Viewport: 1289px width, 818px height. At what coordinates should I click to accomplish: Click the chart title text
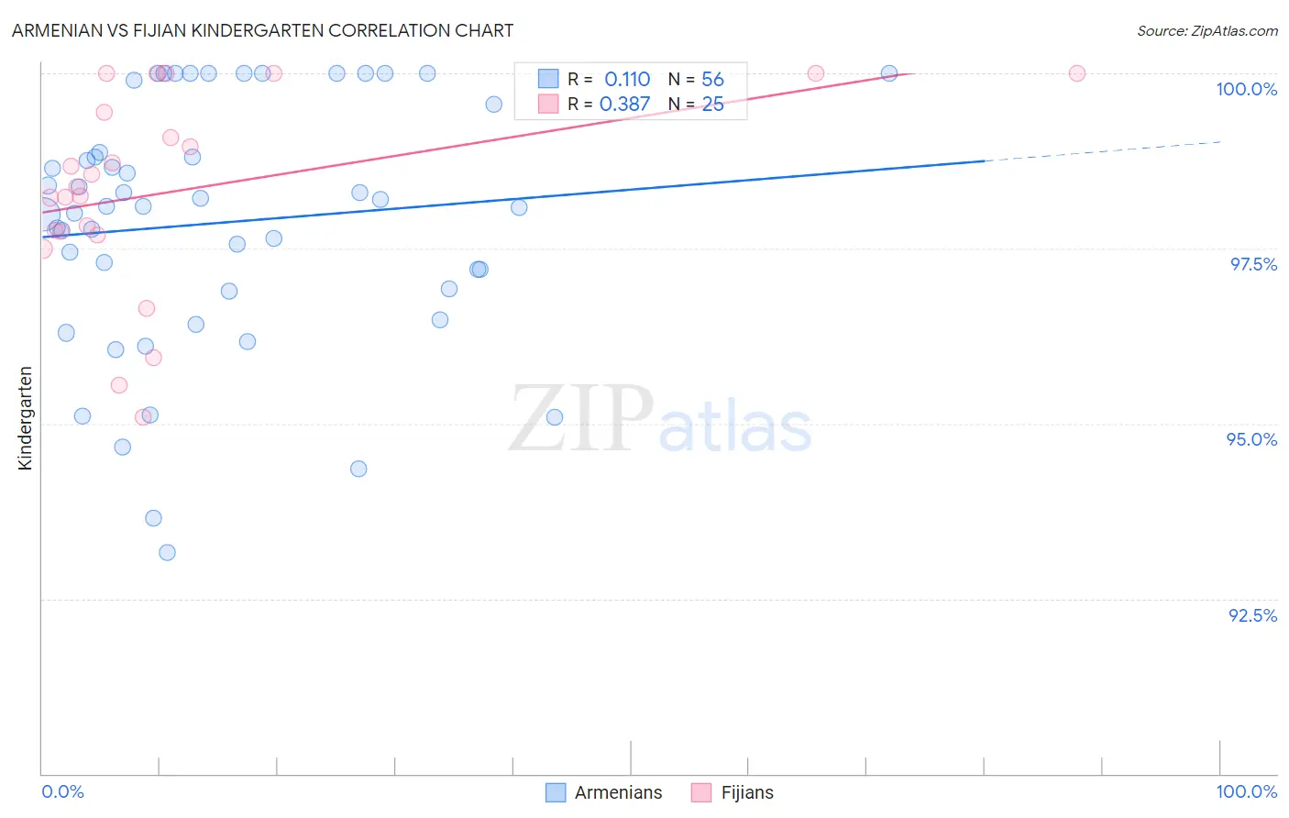pyautogui.click(x=262, y=30)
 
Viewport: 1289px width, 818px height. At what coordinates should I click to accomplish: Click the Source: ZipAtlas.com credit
pyautogui.click(x=1206, y=30)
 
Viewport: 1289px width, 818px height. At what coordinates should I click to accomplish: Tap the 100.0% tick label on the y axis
pyautogui.click(x=1246, y=89)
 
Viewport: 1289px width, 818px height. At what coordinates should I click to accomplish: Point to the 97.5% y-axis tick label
pyautogui.click(x=1252, y=264)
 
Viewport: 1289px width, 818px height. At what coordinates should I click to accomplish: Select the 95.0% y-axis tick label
pyautogui.click(x=1251, y=439)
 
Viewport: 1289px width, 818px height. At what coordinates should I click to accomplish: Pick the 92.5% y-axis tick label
pyautogui.click(x=1252, y=615)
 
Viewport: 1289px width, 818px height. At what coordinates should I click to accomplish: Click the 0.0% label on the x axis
pyautogui.click(x=62, y=791)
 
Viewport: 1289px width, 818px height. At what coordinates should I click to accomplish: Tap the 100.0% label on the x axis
pyautogui.click(x=1246, y=791)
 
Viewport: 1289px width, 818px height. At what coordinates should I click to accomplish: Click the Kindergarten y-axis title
pyautogui.click(x=25, y=418)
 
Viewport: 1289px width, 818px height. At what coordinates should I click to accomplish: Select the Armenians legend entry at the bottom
pyautogui.click(x=617, y=792)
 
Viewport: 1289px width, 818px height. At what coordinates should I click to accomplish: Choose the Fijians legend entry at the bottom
pyautogui.click(x=746, y=792)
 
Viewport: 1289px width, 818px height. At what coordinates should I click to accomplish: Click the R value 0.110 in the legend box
pyautogui.click(x=627, y=80)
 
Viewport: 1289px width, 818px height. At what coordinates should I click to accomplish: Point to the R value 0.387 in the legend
pyautogui.click(x=624, y=105)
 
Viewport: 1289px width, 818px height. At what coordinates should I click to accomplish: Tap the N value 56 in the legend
pyautogui.click(x=712, y=80)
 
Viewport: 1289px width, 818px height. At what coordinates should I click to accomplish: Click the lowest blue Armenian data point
pyautogui.click(x=167, y=552)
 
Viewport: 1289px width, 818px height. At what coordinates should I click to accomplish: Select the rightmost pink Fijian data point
pyautogui.click(x=1077, y=73)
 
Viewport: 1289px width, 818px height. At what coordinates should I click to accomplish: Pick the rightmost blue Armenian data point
pyautogui.click(x=888, y=73)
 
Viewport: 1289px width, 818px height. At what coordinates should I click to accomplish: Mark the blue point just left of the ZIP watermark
pyautogui.click(x=358, y=469)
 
